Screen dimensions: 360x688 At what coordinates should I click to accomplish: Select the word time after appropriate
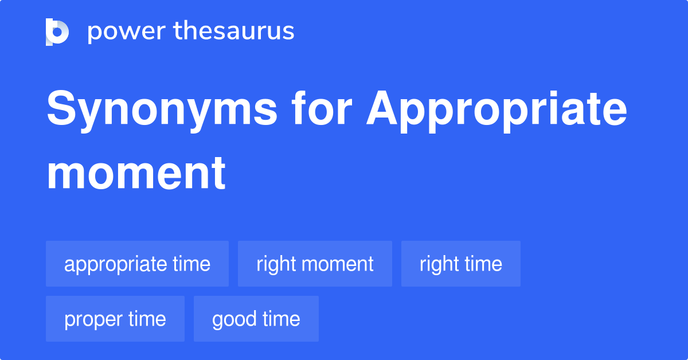pos(191,264)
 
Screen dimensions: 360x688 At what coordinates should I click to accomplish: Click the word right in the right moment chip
pos(276,265)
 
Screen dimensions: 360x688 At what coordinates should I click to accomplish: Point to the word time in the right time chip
pos(484,264)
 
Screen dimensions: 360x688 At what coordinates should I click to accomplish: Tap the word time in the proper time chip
pos(147,319)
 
